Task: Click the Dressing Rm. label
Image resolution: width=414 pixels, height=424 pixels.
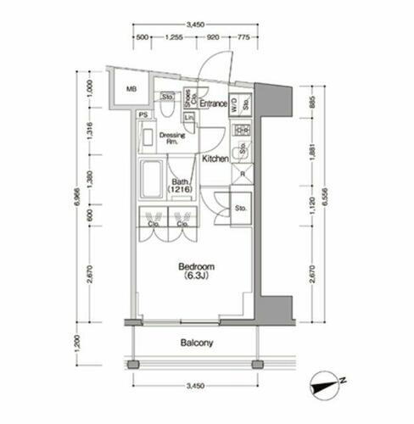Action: tap(173, 138)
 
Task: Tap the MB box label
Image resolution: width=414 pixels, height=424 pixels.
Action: tap(132, 89)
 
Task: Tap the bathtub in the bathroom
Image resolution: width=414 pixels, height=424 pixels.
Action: tap(154, 179)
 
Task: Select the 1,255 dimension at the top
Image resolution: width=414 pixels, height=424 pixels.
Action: tap(176, 38)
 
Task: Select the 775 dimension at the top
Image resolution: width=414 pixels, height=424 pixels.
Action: tap(243, 38)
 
